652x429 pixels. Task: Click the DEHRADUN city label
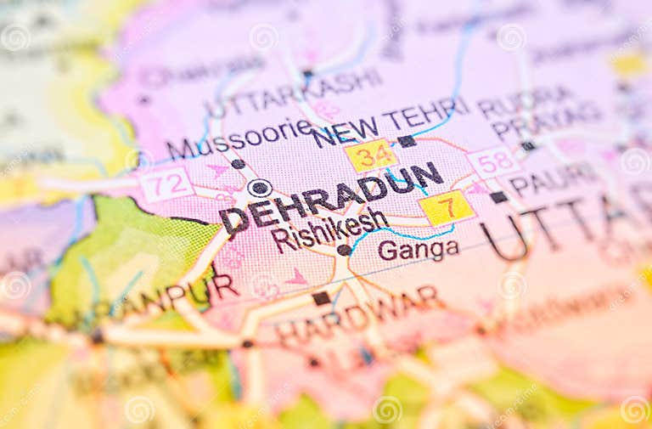331,198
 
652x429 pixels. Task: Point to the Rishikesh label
329,229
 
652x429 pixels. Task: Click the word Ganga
418,249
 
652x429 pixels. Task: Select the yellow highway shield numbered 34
371,155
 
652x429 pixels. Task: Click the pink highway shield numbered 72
166,183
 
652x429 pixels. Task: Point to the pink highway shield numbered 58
493,161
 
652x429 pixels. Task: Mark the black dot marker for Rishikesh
344,250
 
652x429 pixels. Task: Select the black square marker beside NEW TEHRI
407,141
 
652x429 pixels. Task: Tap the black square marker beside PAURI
498,197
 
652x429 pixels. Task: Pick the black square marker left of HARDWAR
321,298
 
